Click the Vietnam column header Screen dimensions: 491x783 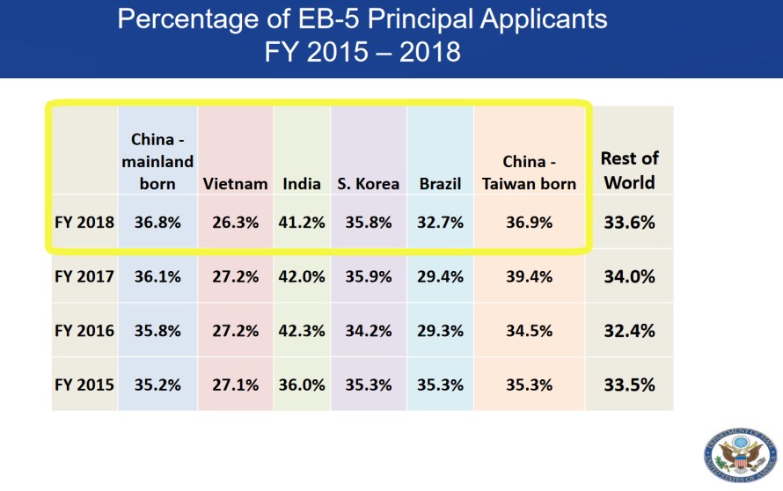235,184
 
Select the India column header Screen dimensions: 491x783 302,184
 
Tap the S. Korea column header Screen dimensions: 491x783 368,184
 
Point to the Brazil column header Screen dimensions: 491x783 440,184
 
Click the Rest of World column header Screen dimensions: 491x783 629,171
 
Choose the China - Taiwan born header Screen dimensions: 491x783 530,172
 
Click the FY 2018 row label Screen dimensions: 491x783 84,223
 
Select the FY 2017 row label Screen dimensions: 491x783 84,276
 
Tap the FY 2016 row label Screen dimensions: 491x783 84,331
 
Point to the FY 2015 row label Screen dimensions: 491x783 84,385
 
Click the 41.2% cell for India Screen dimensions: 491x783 302,223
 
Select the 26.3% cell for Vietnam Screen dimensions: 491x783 235,223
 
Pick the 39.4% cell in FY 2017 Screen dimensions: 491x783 530,276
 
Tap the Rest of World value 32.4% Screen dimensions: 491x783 629,331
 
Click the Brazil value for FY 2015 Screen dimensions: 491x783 440,385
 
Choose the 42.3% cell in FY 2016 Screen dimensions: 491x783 302,331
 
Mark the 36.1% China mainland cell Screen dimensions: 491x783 157,276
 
